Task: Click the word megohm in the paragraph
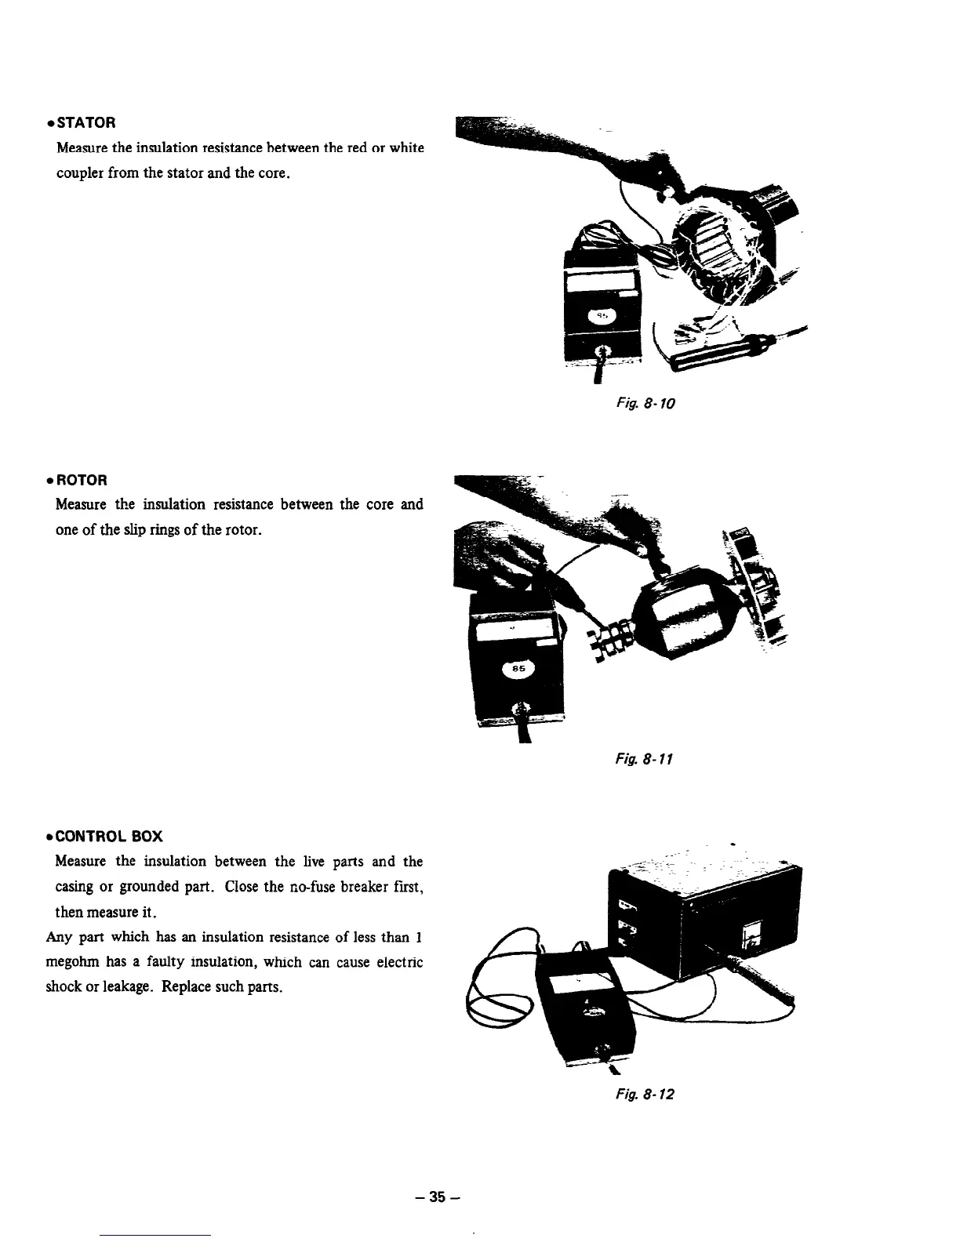pos(71,961)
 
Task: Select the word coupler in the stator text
pos(78,172)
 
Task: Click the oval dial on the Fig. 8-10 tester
pos(603,316)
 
